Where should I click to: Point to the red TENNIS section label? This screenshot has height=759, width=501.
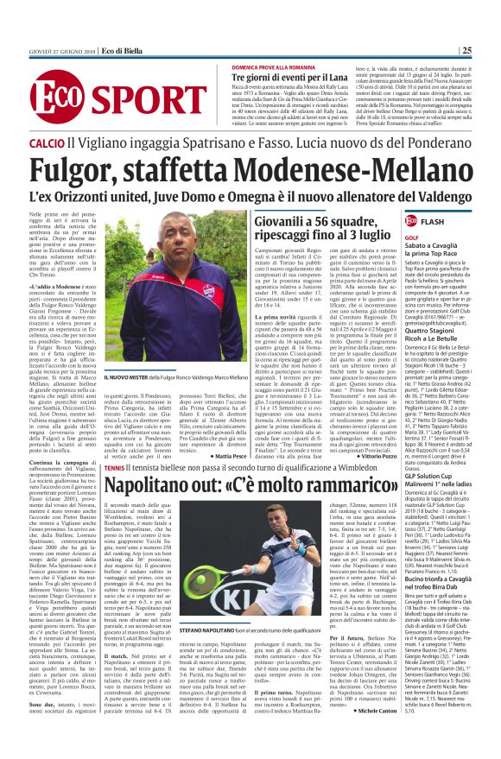[x=114, y=443]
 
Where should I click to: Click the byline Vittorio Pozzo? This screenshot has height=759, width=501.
[x=376, y=429]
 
